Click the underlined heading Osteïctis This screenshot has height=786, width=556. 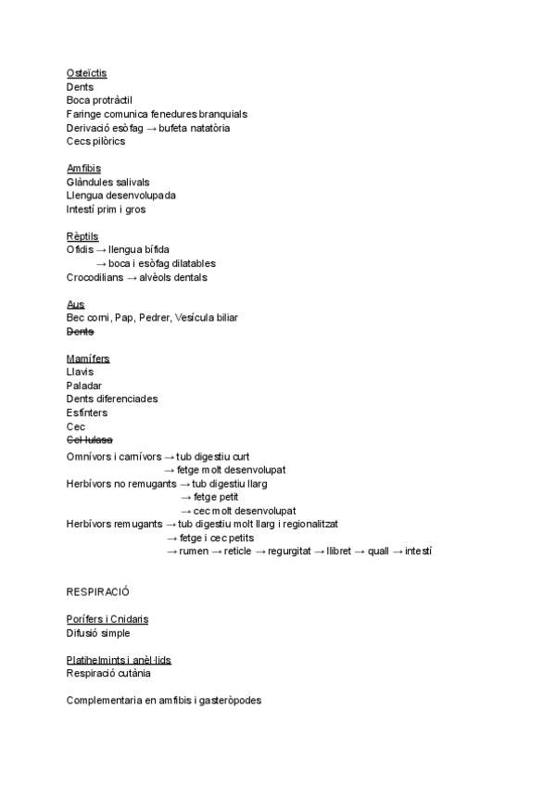(86, 73)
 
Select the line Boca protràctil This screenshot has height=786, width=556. (100, 100)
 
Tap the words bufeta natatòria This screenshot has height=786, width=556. (195, 128)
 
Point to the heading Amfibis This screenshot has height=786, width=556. (83, 169)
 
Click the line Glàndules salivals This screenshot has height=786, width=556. (107, 183)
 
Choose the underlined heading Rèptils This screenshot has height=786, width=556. (82, 236)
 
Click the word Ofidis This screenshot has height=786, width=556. (80, 250)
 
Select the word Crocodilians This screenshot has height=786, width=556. (95, 277)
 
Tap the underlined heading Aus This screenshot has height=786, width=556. (75, 304)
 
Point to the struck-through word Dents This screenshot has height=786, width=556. (80, 332)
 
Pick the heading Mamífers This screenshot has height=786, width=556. (88, 359)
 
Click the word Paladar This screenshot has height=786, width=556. (84, 386)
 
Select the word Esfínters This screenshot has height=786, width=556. (87, 412)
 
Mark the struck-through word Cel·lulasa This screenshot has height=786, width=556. (90, 439)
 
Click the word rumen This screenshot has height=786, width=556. (194, 551)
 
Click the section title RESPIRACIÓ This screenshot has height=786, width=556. (97, 591)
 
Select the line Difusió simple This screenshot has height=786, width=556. (98, 633)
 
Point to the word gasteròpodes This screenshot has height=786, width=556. (227, 701)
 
